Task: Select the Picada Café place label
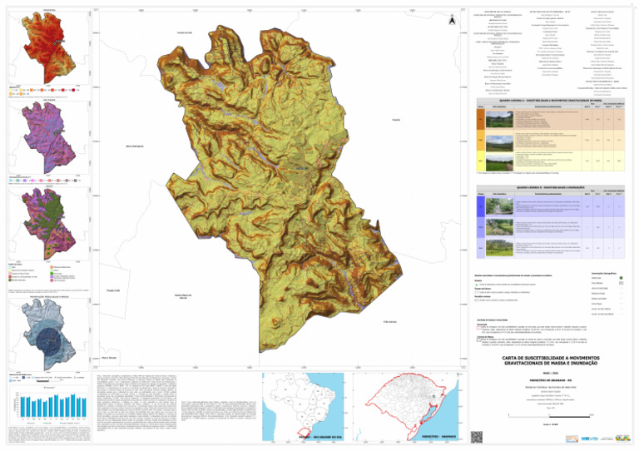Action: coord(116,290)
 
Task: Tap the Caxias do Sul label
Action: coord(185,32)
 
